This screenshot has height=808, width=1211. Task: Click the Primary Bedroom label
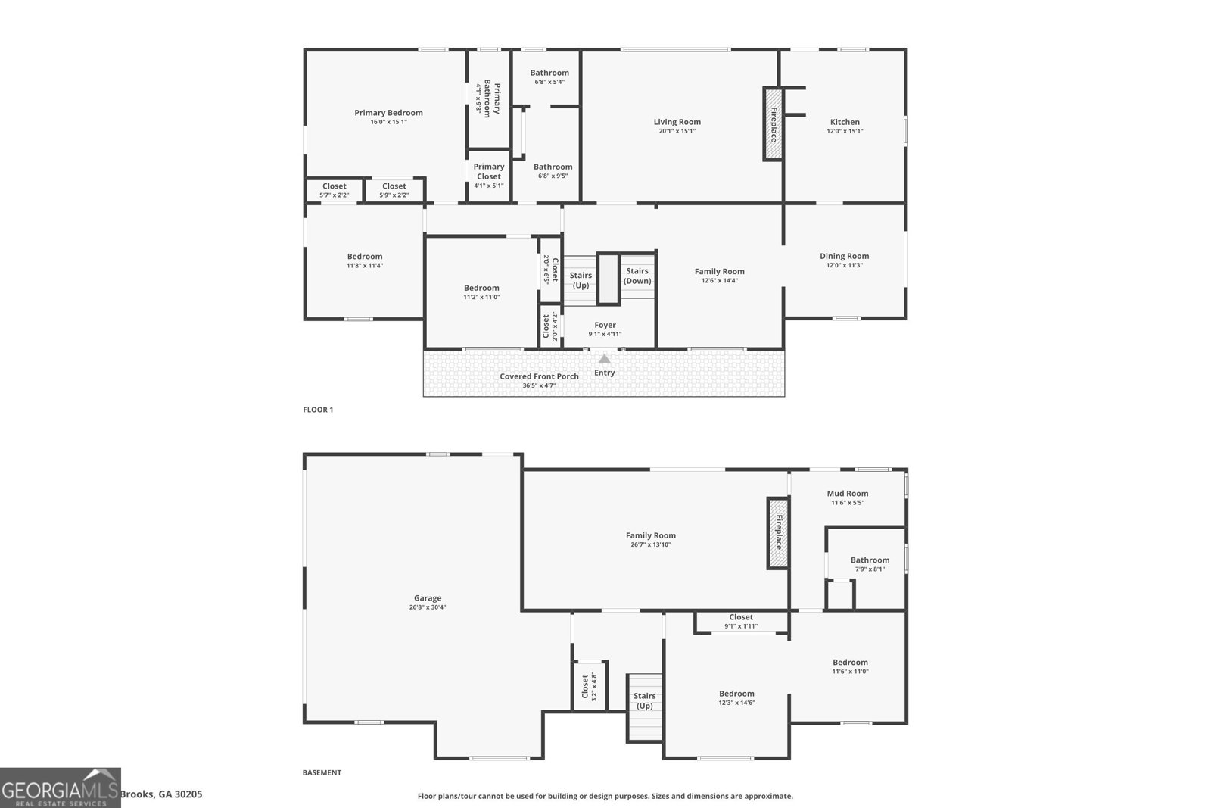(388, 113)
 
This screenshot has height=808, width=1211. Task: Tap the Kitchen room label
(845, 122)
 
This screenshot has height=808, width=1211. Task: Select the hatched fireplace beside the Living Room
(773, 124)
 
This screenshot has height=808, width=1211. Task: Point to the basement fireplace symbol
(778, 532)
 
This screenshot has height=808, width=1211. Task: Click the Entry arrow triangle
(605, 359)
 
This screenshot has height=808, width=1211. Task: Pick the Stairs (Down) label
(637, 276)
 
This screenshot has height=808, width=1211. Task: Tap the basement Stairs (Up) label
(644, 701)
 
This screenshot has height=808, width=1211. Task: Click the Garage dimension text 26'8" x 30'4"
(428, 607)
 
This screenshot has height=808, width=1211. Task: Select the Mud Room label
(848, 493)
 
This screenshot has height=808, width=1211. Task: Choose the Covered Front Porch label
(539, 376)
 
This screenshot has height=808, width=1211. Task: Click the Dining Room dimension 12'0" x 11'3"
(845, 265)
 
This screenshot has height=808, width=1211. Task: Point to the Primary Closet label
(489, 171)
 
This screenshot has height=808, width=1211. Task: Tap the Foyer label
(605, 325)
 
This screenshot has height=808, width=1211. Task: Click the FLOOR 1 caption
(318, 410)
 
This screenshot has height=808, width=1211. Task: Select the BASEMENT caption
(322, 772)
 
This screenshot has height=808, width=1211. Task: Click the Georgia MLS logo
(60, 788)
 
